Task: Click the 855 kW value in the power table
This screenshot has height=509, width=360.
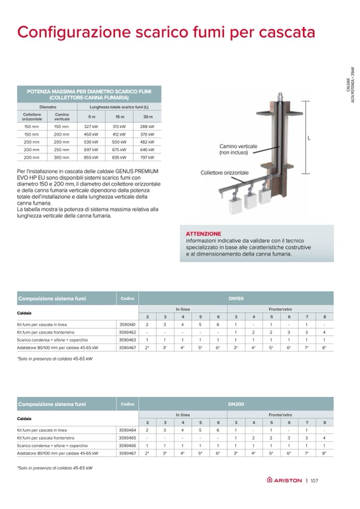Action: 91,157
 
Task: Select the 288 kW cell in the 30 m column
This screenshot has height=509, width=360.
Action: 147,127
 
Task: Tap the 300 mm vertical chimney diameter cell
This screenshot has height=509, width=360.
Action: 62,157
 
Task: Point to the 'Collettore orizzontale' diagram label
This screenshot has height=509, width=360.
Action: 225,173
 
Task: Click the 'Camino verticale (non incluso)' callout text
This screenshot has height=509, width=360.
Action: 238,149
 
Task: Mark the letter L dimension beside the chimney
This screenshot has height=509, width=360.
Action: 308,139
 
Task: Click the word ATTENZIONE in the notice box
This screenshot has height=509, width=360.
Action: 204,234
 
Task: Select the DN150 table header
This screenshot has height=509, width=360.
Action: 236,299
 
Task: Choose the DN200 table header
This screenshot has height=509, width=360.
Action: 236,404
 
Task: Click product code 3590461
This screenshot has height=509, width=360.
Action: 127,324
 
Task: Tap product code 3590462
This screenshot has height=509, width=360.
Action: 127,332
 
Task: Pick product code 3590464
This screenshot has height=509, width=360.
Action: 127,430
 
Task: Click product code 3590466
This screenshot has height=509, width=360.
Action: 127,446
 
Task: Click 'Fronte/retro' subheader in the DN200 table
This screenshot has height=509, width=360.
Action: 280,415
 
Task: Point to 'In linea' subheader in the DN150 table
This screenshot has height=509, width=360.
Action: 183,309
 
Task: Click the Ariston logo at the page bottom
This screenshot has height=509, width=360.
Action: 284,480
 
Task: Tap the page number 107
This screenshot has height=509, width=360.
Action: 314,480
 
